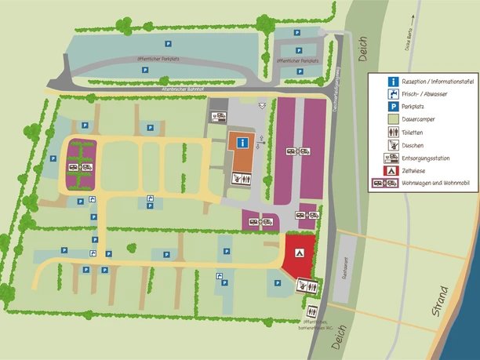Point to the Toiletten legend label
415,133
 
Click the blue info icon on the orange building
243,143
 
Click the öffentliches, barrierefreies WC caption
308,326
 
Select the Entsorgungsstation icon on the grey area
219,117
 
